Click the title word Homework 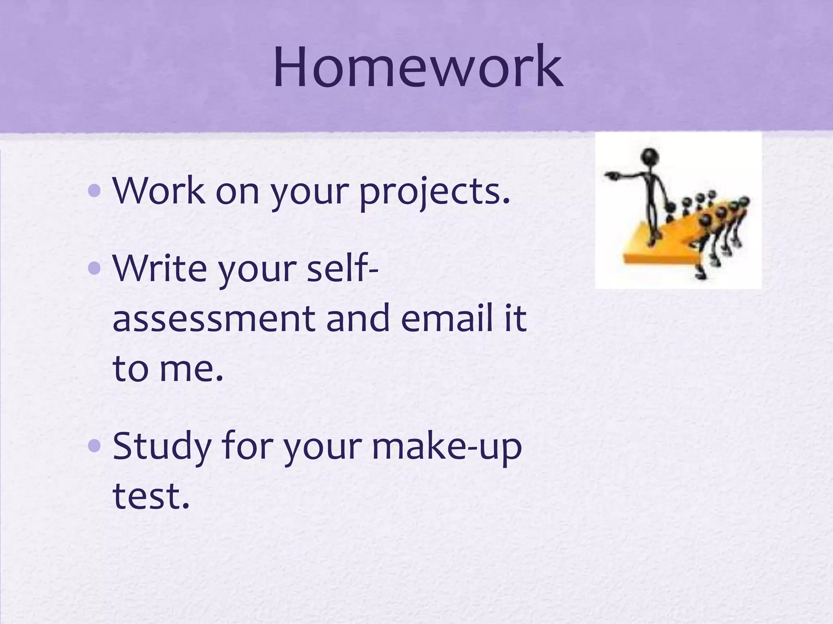[x=418, y=67]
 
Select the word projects [x=434, y=191]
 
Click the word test [x=151, y=496]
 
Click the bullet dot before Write [x=94, y=268]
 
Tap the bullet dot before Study [x=94, y=446]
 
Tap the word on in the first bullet [x=238, y=191]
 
